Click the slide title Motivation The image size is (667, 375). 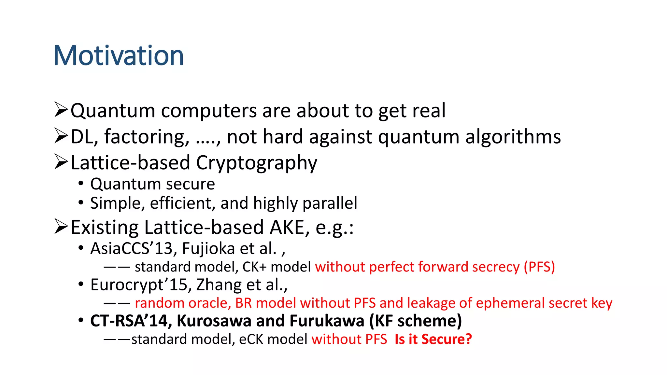(119, 55)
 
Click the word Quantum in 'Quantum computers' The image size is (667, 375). (113, 111)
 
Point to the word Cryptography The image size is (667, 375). (256, 163)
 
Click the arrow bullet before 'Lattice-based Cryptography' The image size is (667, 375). (61, 162)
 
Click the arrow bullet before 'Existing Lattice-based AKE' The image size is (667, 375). (61, 227)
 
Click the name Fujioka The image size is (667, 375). (208, 248)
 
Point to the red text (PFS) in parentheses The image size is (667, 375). (539, 267)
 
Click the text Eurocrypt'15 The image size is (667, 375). (138, 285)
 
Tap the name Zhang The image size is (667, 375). (219, 285)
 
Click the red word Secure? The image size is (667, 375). (447, 339)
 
